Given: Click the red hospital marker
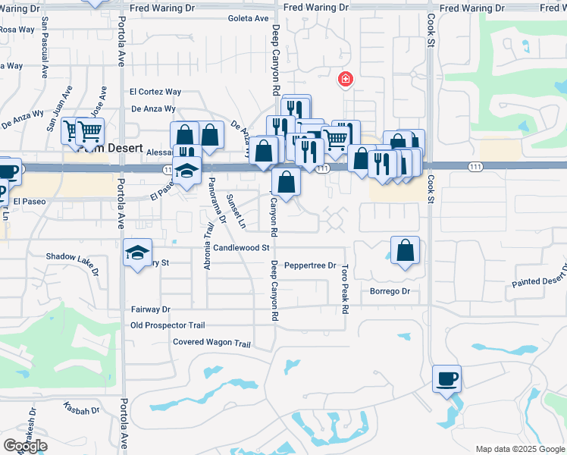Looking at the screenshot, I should [345, 79].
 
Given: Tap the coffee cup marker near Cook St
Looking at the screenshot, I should [446, 378].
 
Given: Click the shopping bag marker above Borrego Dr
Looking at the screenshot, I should [406, 249].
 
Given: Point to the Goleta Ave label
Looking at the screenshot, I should [249, 19].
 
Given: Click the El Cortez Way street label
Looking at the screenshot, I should [155, 92].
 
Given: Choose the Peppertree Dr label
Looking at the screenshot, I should [310, 265].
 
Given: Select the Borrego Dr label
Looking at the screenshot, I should [390, 291].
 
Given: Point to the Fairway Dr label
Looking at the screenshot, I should [151, 309].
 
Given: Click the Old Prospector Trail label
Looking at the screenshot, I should [168, 325].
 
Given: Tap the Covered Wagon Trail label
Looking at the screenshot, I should [211, 344].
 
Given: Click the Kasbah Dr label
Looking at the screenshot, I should [82, 408].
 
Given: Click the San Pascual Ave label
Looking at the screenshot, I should [45, 55].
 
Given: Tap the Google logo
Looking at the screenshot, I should [25, 446].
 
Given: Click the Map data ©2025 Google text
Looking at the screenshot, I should [519, 449].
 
